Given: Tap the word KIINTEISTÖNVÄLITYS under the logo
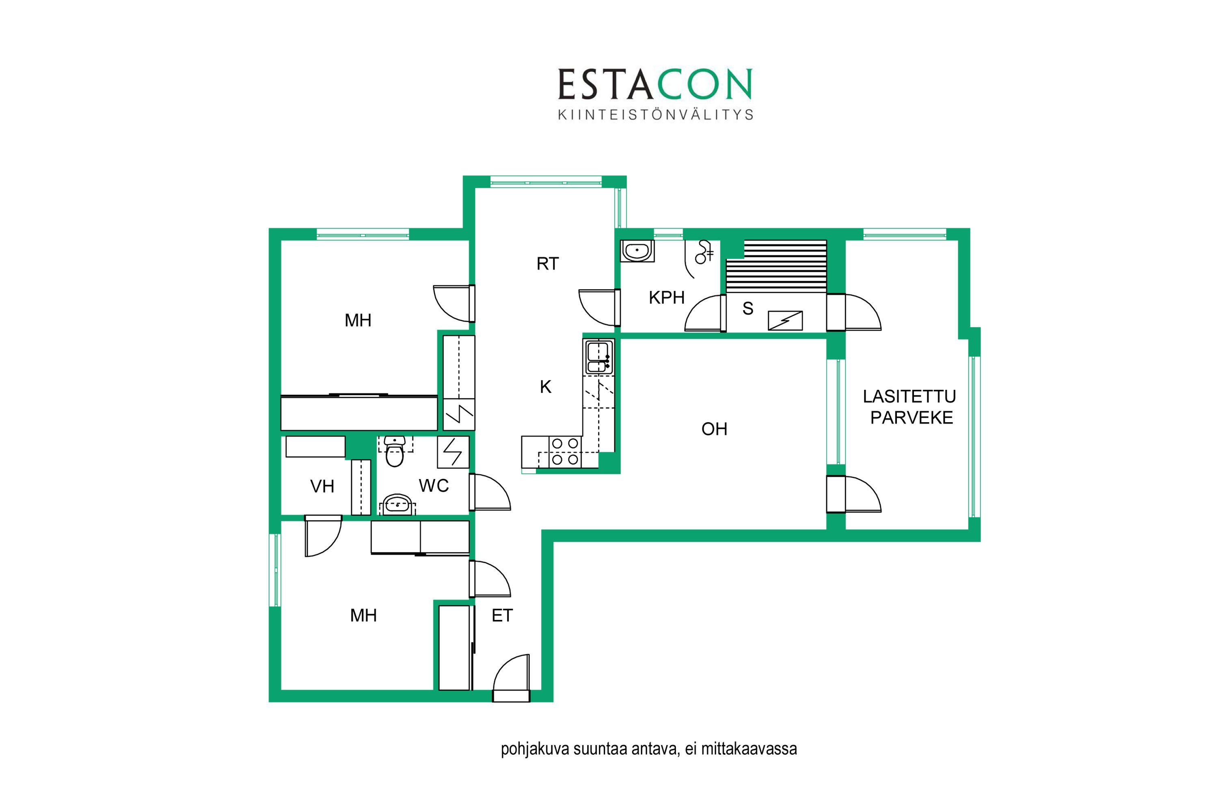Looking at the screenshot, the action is point(656,114).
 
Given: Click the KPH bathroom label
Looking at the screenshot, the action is point(667,297).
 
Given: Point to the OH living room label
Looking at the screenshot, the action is point(714,429).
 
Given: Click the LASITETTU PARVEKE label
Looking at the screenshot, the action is point(910,407).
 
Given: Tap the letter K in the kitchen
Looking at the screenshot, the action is point(545,387).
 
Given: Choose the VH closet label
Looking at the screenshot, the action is point(322,486).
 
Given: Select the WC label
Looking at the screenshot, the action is point(434,486).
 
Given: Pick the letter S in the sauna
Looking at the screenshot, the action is point(748,309).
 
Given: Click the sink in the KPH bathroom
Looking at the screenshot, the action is point(637,251).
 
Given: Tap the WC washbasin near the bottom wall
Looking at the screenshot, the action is point(397,504).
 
